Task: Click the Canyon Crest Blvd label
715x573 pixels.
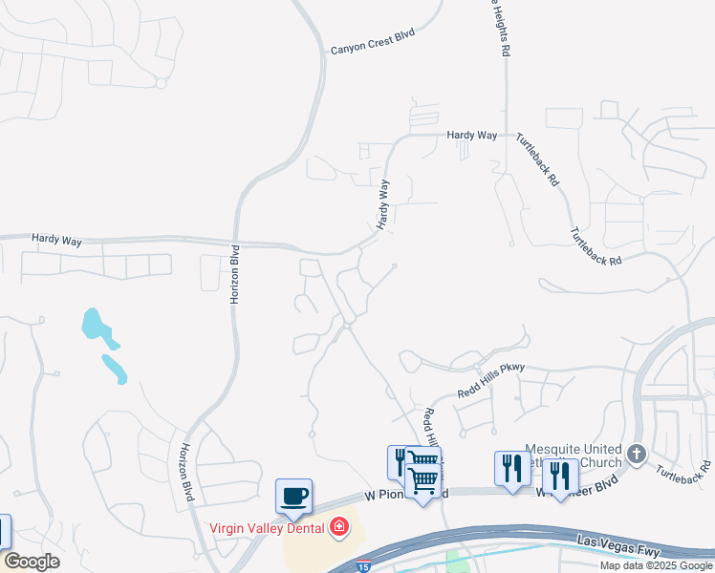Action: tap(372, 49)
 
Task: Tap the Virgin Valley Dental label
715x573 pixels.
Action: tap(268, 526)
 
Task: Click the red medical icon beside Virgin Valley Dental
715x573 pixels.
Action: tap(338, 526)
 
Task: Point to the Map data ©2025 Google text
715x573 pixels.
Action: tap(655, 565)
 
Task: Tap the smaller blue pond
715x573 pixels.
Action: tap(113, 367)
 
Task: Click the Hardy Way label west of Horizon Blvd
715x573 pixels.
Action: tap(56, 240)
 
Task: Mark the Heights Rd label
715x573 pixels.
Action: tap(498, 29)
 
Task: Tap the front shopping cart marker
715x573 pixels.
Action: tap(422, 479)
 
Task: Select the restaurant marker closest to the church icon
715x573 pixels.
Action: tap(560, 476)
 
